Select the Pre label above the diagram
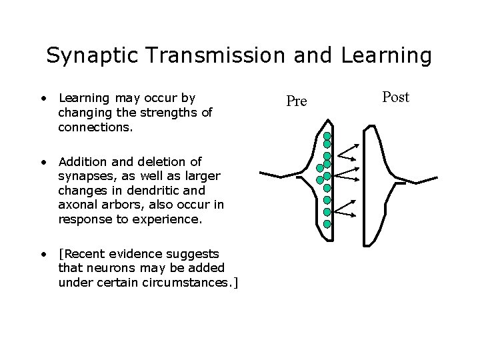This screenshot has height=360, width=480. pyautogui.click(x=296, y=101)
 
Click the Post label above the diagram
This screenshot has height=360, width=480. pyautogui.click(x=396, y=97)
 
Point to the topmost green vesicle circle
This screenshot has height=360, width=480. pyautogui.click(x=327, y=135)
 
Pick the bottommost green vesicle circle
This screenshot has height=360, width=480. pyautogui.click(x=327, y=223)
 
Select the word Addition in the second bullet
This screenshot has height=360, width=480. pyautogui.click(x=83, y=161)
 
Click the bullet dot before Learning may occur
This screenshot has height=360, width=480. pyautogui.click(x=42, y=98)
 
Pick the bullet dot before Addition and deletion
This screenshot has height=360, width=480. pyautogui.click(x=42, y=161)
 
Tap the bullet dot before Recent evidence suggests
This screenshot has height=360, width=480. pyautogui.click(x=42, y=253)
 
